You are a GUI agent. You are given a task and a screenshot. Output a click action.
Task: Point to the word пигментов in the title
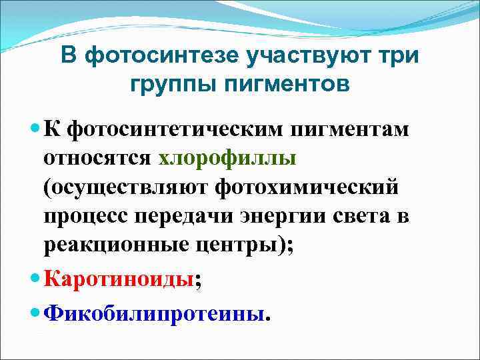(x=282, y=85)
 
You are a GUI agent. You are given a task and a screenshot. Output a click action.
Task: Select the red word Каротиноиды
(x=119, y=280)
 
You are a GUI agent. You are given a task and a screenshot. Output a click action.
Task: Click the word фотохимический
(x=307, y=187)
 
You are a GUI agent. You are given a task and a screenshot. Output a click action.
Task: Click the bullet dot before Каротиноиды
(x=36, y=279)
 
